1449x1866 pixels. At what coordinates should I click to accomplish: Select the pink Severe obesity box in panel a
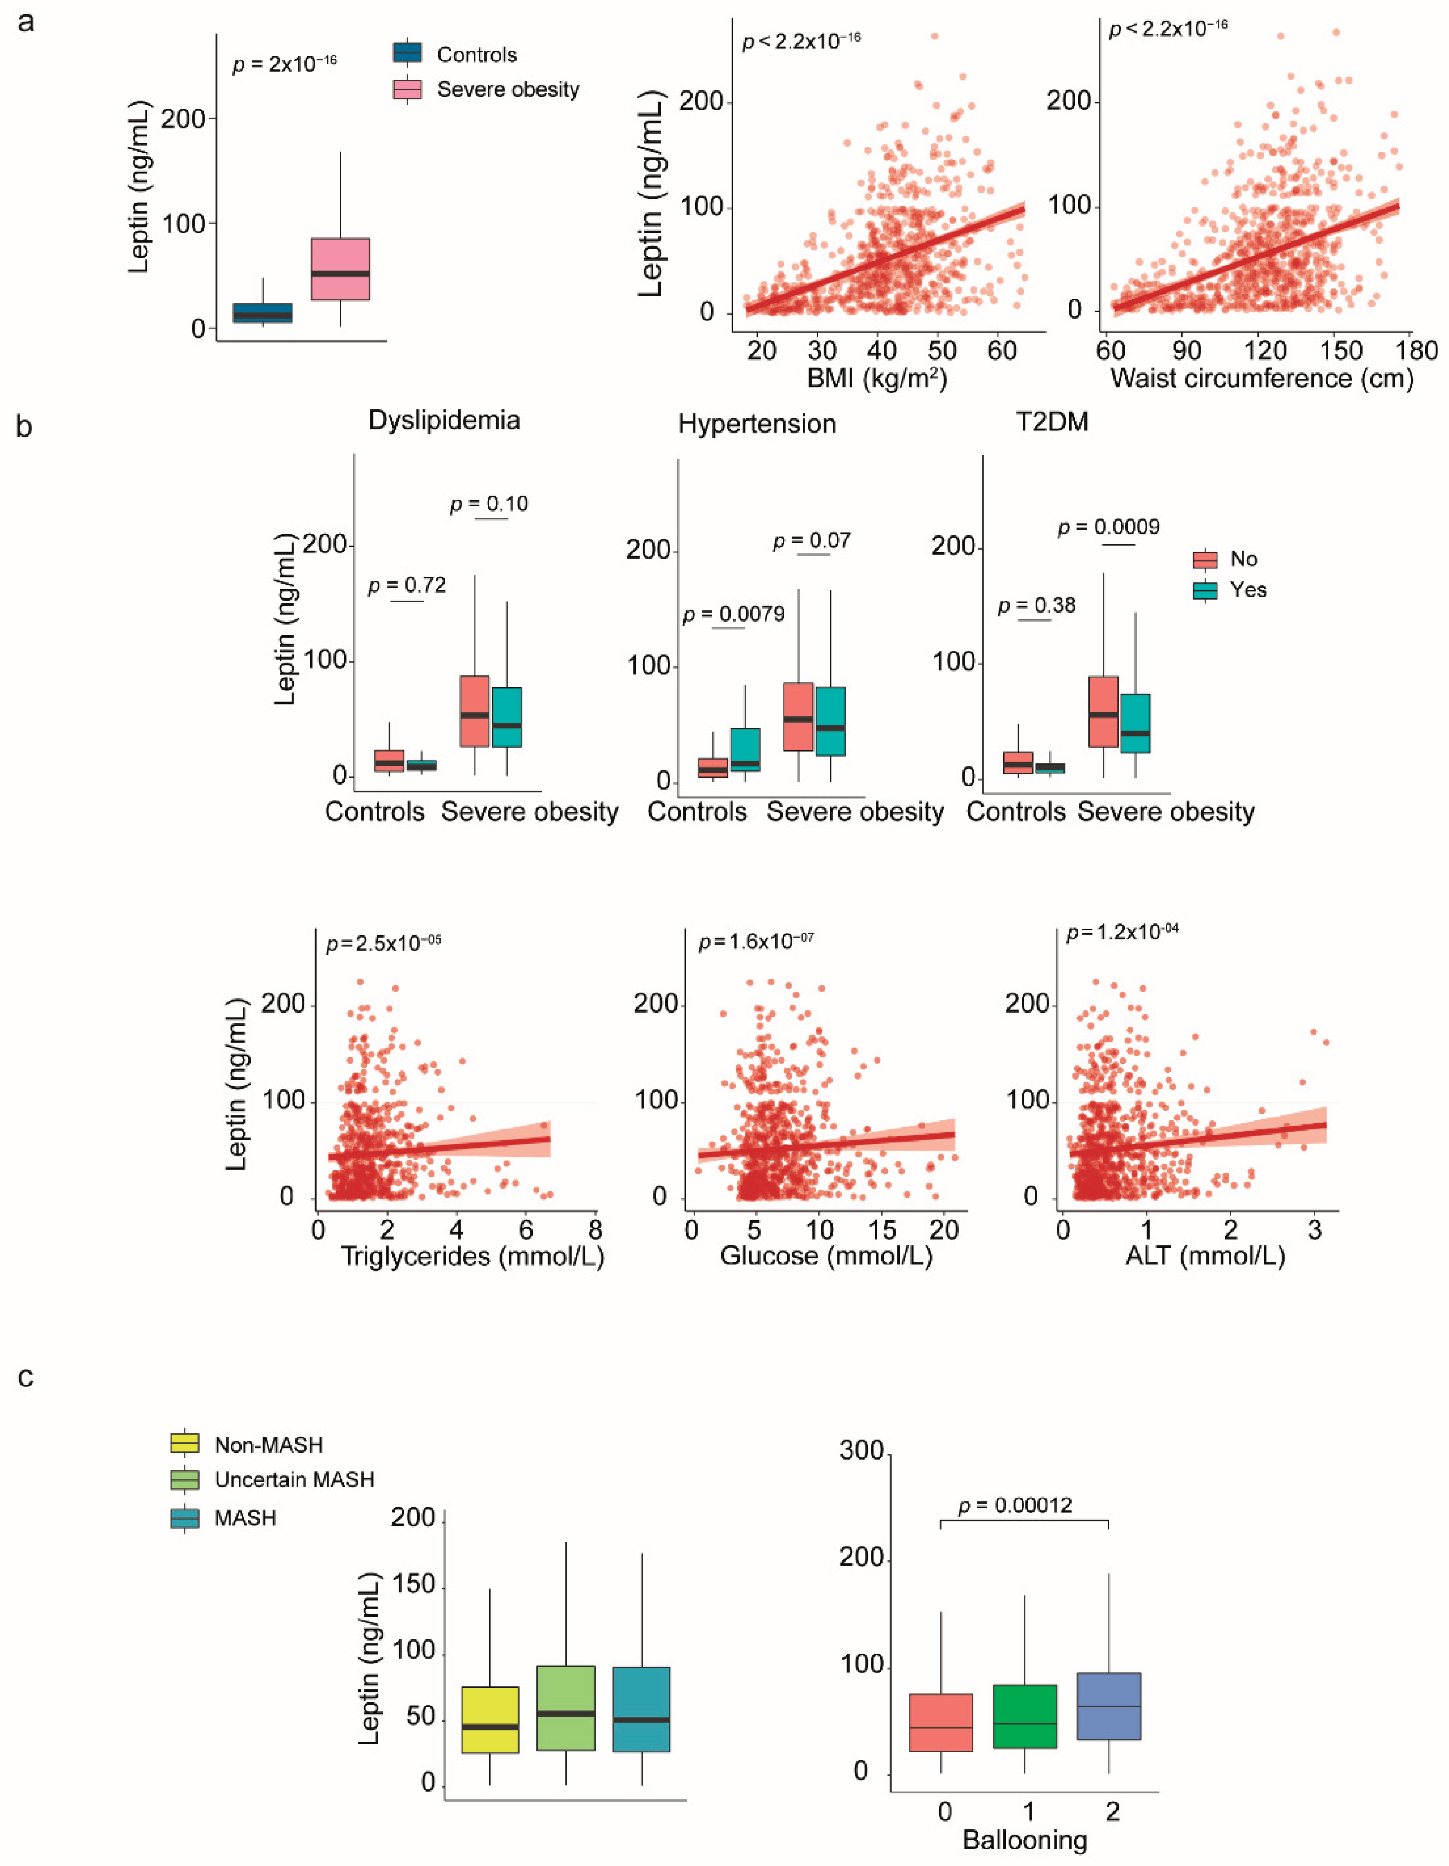[x=340, y=269]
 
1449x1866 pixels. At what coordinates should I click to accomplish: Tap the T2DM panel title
[x=1053, y=422]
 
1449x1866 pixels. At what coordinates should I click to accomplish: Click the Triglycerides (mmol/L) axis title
[x=472, y=1256]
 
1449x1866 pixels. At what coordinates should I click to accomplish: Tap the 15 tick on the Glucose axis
[x=883, y=1229]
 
